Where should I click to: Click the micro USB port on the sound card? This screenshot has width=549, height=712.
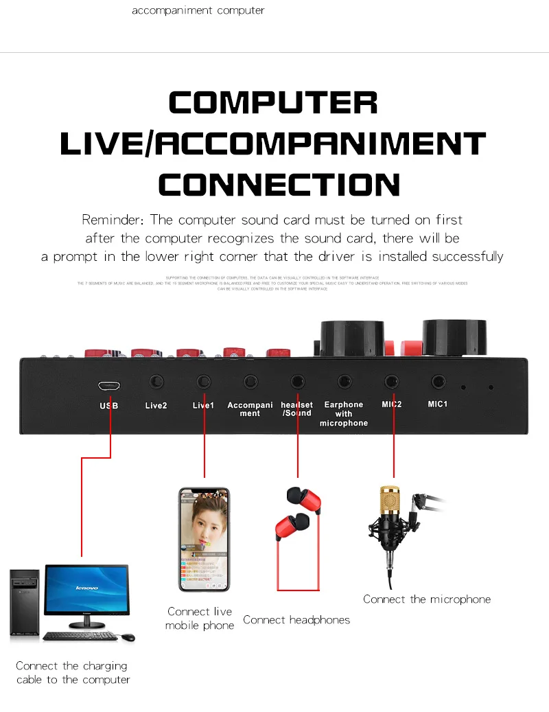(x=108, y=385)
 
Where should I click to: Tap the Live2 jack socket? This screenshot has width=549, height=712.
(x=156, y=381)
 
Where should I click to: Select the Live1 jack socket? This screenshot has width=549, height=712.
(x=203, y=381)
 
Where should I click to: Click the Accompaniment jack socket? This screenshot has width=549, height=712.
(x=250, y=381)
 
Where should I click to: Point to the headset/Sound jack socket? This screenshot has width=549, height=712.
(x=297, y=381)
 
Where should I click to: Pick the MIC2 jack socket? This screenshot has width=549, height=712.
(x=392, y=381)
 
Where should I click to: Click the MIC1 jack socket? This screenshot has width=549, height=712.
(x=438, y=381)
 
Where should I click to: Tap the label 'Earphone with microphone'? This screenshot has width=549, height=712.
(x=344, y=414)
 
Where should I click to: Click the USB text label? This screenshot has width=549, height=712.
(x=109, y=406)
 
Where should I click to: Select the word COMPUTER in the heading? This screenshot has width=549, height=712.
(x=273, y=103)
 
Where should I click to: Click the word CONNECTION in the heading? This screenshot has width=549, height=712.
(x=279, y=184)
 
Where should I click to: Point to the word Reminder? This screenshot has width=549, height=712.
(x=113, y=220)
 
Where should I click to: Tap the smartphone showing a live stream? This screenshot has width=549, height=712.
(x=205, y=540)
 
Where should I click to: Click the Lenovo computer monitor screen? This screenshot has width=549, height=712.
(x=86, y=589)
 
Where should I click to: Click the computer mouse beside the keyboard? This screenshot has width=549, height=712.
(x=128, y=638)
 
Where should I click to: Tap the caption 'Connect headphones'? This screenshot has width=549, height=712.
(x=296, y=620)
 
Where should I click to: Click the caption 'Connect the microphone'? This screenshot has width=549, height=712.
(x=427, y=599)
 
